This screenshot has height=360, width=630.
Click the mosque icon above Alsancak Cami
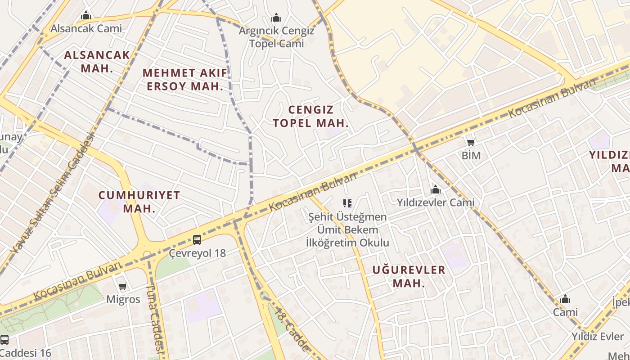tap(86, 16)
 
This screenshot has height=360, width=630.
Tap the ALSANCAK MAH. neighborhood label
tap(97, 62)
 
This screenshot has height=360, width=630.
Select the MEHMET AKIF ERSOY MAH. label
tap(185, 79)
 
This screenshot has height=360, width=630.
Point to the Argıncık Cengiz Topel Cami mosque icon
tap(276, 18)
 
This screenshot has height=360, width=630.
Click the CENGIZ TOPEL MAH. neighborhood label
tap(311, 116)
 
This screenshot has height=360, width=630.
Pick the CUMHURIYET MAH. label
tap(139, 202)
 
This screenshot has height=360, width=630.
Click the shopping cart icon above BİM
tap(471, 143)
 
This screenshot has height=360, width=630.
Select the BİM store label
tap(471, 156)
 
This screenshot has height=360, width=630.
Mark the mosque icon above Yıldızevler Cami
tap(435, 190)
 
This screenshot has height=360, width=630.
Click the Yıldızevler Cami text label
tap(435, 202)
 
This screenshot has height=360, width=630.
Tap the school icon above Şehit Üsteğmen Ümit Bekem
tap(347, 203)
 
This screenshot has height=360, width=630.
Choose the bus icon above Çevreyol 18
tap(197, 239)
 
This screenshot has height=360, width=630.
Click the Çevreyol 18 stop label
tap(197, 253)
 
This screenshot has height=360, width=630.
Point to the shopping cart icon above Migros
tap(122, 286)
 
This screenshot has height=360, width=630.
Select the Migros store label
tap(123, 299)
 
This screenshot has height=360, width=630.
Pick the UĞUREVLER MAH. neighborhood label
tap(409, 276)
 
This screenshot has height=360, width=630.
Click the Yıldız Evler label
tap(598, 337)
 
